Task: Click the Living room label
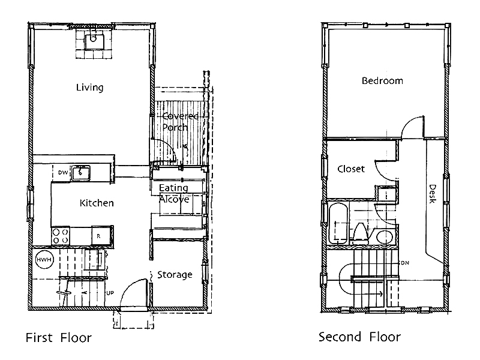pos(89,88)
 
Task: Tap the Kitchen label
pos(97,203)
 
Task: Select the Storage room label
pos(175,275)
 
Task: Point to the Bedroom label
pos(382,81)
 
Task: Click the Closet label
pos(351,169)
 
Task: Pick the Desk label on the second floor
pos(432,194)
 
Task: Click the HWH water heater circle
pos(44,260)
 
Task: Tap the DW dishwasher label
pos(63,173)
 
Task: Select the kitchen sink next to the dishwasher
pos(80,173)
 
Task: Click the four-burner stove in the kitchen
pos(61,236)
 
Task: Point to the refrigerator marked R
pos(101,236)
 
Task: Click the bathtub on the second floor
pos(338,223)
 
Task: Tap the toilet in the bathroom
pos(361,234)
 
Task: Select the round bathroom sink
pos(384,237)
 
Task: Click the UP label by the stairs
pos(110,293)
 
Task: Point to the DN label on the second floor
pos(405,263)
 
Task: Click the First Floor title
pos(59,338)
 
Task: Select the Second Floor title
pos(359,337)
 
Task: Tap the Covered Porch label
pos(180,121)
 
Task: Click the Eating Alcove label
pos(174,193)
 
